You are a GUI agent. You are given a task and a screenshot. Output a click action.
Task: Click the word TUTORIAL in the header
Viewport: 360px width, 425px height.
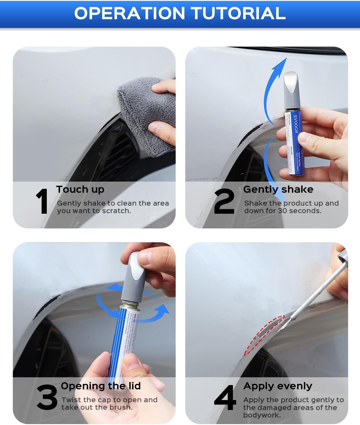(238, 13)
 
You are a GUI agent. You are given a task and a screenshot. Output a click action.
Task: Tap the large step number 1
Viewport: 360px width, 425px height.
(42, 201)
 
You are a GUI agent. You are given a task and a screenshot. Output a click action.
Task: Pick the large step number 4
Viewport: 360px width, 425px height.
(225, 397)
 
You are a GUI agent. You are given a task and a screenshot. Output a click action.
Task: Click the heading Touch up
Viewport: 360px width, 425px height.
(80, 189)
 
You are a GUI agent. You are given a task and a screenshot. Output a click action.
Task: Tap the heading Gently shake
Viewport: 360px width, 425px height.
(278, 189)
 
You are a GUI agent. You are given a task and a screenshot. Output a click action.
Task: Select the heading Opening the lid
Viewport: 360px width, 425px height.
(101, 386)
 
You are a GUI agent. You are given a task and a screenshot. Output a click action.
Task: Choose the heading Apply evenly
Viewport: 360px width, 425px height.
(277, 386)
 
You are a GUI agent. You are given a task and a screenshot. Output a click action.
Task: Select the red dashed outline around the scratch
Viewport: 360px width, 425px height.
(264, 335)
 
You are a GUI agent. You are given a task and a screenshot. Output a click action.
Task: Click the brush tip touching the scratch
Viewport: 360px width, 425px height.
(282, 329)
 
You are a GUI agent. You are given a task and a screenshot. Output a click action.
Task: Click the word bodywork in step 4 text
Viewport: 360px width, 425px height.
(262, 415)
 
